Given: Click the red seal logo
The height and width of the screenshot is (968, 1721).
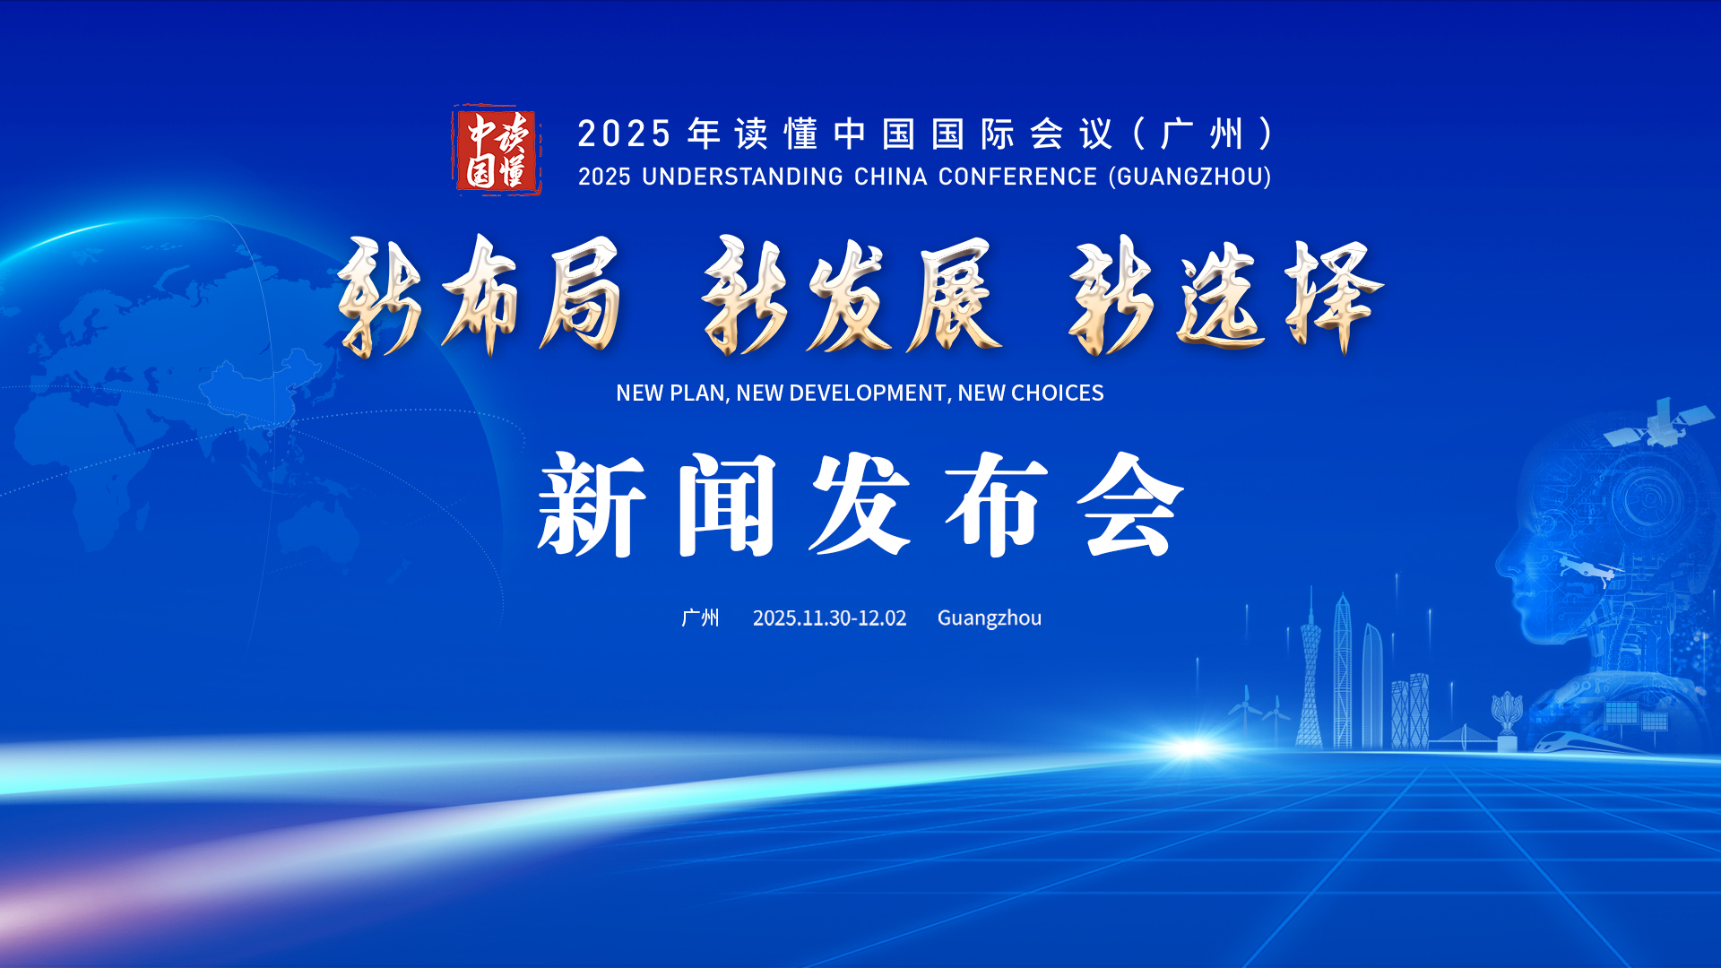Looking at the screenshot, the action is click(497, 150).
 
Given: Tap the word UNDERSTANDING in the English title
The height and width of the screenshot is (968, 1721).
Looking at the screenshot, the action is click(742, 177).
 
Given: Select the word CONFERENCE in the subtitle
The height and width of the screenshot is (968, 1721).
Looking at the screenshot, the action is click(1017, 177).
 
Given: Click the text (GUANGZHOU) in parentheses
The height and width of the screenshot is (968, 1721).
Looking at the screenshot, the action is click(1190, 177).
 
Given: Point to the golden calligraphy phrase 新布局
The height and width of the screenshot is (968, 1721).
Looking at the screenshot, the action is click(480, 296).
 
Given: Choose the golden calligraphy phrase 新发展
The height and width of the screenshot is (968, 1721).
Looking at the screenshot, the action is click(852, 296).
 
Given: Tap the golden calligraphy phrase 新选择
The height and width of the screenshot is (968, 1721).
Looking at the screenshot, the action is click(1226, 296).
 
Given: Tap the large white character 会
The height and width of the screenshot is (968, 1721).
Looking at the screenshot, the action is click(1130, 505).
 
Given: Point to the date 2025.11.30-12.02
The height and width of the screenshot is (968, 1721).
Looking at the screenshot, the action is click(829, 618).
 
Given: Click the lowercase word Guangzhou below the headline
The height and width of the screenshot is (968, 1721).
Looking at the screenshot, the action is click(990, 618).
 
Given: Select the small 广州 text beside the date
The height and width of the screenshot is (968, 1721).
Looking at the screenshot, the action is click(700, 618).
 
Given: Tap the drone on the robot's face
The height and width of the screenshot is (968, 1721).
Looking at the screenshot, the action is click(1589, 567).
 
